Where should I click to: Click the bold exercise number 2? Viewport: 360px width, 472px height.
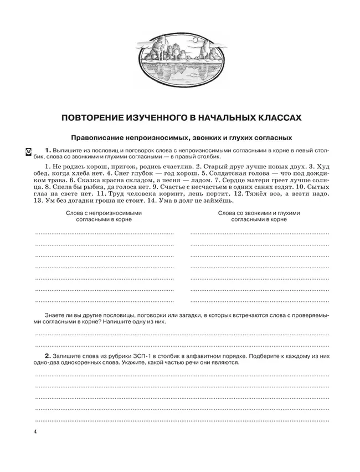pos(48,355)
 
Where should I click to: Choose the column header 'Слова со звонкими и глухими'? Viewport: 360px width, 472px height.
pos(259,213)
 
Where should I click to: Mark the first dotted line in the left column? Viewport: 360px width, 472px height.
pos(104,233)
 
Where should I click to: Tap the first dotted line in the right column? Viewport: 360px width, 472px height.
pos(259,233)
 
